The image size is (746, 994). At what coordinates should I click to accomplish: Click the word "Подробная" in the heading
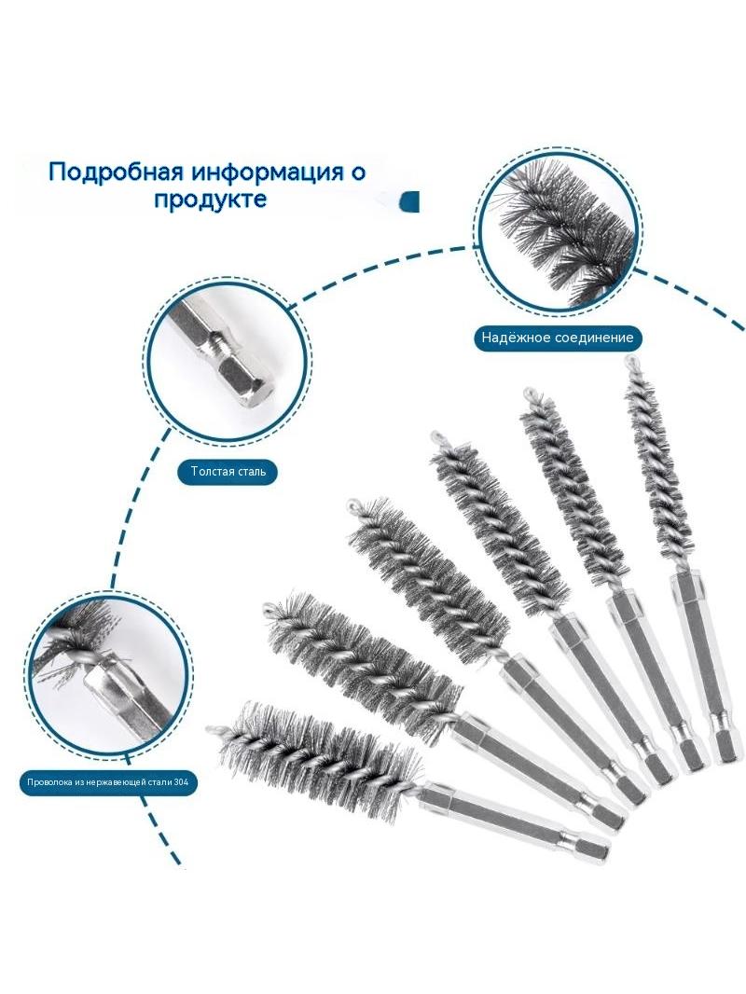pyautogui.click(x=116, y=172)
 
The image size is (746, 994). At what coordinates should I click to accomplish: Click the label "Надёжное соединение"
pyautogui.click(x=557, y=338)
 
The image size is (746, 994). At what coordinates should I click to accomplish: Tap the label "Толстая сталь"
pyautogui.click(x=228, y=472)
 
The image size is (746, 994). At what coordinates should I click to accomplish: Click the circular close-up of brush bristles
pyautogui.click(x=558, y=234)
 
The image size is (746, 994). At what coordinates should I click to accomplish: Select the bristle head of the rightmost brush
pyautogui.click(x=656, y=470)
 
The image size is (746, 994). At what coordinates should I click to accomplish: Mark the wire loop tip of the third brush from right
pyautogui.click(x=436, y=436)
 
